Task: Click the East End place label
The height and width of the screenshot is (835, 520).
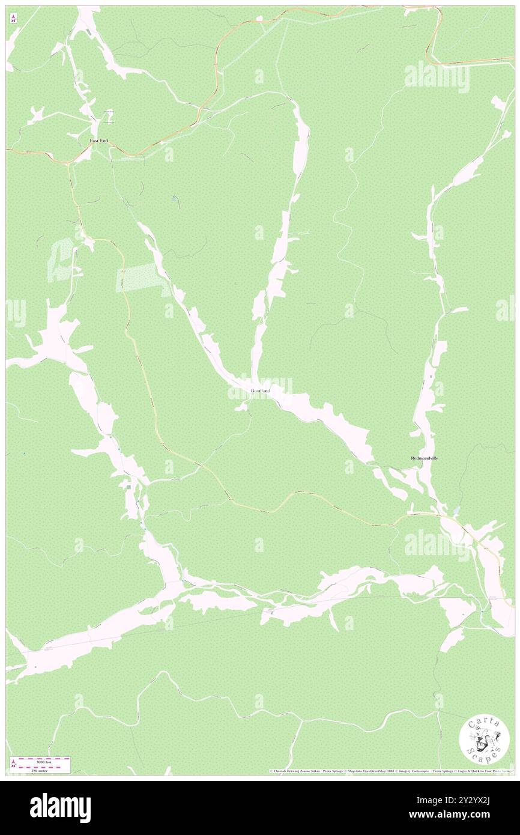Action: point(99,141)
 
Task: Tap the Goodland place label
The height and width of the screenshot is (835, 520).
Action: point(261,391)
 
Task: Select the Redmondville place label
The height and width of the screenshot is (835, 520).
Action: point(425,458)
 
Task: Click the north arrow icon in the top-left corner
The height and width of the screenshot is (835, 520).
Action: point(13,18)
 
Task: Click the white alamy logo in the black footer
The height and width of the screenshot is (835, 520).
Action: point(60,807)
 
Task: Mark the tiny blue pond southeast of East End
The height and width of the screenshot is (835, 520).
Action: point(174,197)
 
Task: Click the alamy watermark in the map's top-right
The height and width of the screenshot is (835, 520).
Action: point(437,77)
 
